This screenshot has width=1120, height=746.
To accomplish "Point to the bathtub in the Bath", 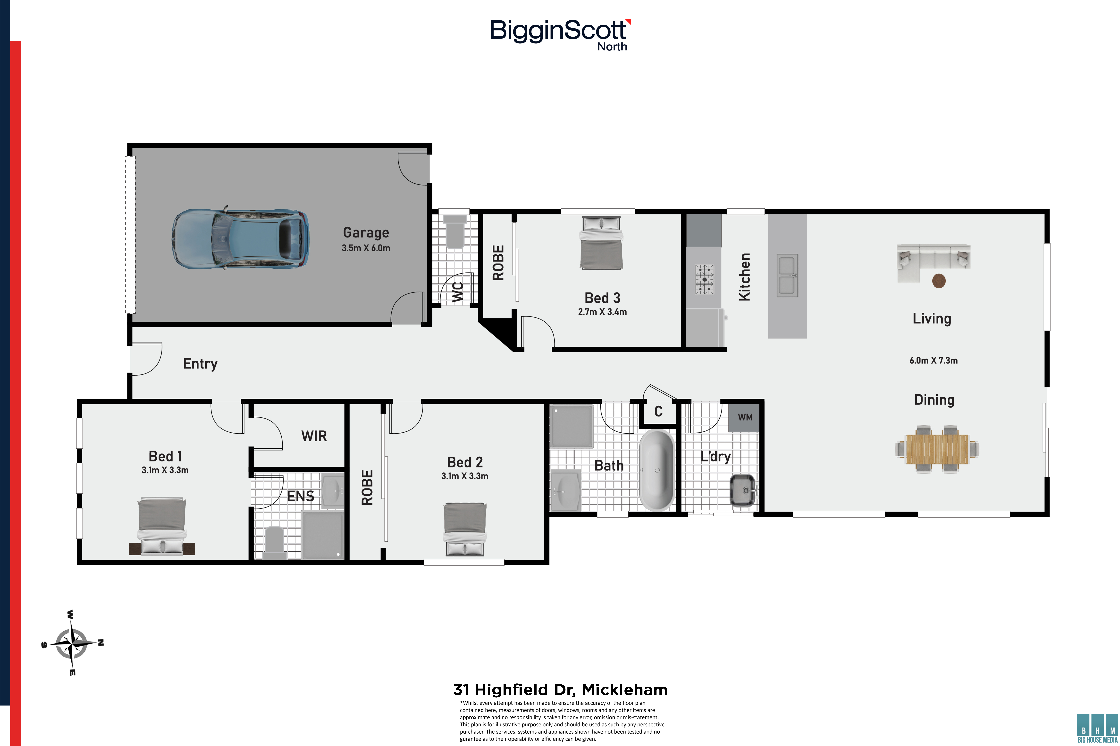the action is [657, 470].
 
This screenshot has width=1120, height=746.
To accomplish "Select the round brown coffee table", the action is [939, 281].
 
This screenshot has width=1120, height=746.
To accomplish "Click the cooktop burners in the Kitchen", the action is [704, 279].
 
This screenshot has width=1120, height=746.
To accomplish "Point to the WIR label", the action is [314, 436].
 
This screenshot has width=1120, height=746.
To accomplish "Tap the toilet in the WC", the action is [455, 231].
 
